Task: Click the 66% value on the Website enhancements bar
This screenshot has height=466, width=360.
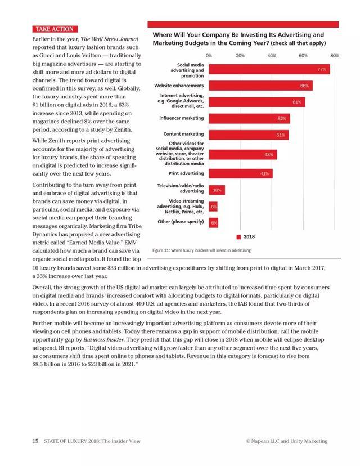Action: click(x=304, y=86)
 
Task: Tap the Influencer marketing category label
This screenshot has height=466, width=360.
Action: click(x=181, y=119)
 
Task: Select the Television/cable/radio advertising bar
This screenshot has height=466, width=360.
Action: click(x=217, y=190)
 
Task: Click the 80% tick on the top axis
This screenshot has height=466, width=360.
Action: click(x=335, y=56)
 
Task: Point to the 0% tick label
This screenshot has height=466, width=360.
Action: click(x=209, y=56)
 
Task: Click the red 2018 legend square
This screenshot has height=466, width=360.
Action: click(x=239, y=237)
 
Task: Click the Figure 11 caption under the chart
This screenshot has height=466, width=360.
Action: click(x=202, y=250)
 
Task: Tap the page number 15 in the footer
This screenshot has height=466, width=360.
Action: click(x=35, y=441)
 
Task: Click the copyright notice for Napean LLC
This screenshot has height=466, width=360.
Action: click(x=286, y=441)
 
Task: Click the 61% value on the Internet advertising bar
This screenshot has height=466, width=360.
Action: click(x=297, y=102)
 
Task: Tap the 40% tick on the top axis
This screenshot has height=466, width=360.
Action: click(x=272, y=56)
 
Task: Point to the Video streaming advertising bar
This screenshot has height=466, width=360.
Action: click(x=214, y=207)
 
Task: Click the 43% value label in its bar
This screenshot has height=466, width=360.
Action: click(x=268, y=155)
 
